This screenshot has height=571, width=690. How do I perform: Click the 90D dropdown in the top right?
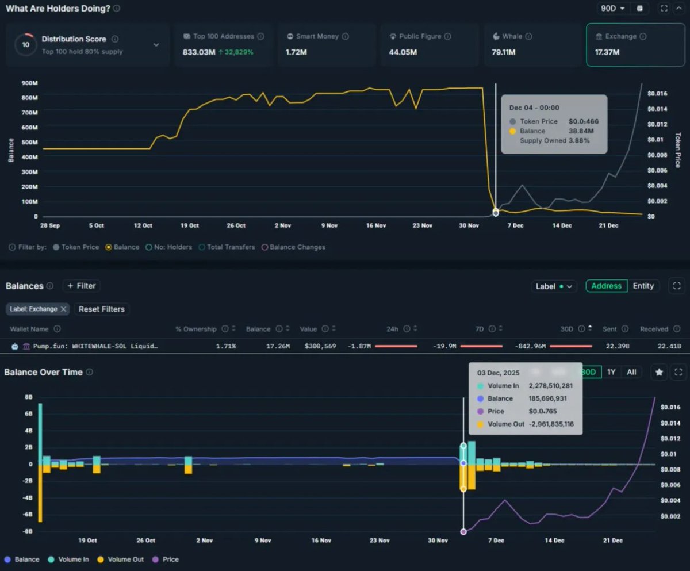point(613,9)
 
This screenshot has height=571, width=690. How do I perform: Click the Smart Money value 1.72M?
point(296,52)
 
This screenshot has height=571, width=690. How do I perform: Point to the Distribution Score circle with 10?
point(25,45)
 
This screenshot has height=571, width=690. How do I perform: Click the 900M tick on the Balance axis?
point(29,83)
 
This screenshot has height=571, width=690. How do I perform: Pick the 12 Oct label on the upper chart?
point(143,225)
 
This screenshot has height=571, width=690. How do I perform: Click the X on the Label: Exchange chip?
point(63,309)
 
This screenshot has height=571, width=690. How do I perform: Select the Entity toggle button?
point(643,286)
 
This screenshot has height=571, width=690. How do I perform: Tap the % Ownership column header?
point(196,329)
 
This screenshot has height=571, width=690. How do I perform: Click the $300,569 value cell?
point(318,346)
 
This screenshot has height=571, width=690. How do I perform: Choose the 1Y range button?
point(611,372)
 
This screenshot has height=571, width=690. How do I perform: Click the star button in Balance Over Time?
point(659,372)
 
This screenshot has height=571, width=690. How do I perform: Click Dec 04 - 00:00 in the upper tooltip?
point(534,108)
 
